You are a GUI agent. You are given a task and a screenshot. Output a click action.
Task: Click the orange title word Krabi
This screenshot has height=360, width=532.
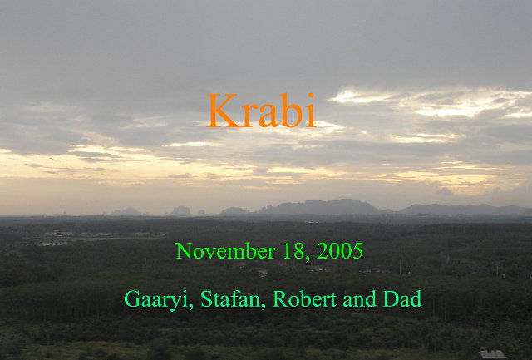tap(261, 111)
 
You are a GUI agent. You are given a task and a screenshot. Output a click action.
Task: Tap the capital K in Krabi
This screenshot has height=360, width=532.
tap(222, 111)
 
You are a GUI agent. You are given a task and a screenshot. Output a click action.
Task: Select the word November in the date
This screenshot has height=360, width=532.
tap(225, 251)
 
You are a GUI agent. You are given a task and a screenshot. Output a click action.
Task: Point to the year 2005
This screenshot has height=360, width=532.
tap(340, 251)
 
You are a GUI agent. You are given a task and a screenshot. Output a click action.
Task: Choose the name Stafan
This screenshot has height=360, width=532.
tap(231, 299)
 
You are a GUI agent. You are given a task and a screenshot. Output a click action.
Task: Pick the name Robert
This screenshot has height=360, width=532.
tap(305, 299)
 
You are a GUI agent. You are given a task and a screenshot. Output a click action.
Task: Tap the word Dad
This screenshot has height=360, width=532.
tap(402, 299)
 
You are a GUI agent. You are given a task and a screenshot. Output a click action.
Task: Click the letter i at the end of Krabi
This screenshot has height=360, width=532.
tap(311, 111)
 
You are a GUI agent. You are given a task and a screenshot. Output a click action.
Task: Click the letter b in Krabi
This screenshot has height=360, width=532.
tap(293, 111)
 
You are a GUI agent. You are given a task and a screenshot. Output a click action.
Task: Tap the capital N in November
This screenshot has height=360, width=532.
tap(183, 251)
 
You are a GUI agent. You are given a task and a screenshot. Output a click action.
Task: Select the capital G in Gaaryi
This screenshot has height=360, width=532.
tap(132, 299)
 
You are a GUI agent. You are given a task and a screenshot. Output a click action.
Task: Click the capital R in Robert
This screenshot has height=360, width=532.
tap(280, 299)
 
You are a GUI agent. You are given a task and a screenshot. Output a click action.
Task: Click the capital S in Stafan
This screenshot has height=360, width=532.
tap(206, 299)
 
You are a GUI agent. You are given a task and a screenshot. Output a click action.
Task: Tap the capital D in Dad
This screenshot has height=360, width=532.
tap(391, 299)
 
